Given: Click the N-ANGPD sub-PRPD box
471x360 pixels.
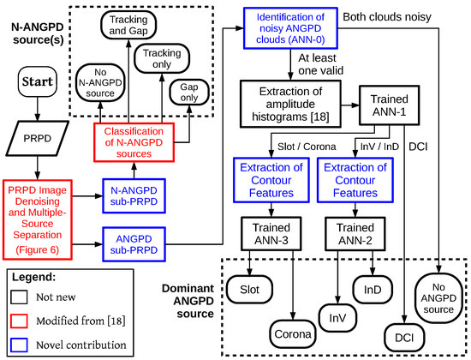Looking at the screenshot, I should click(x=132, y=194).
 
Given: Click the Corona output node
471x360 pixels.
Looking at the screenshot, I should click(x=295, y=333).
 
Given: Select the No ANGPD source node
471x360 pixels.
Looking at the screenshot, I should click(x=438, y=297).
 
